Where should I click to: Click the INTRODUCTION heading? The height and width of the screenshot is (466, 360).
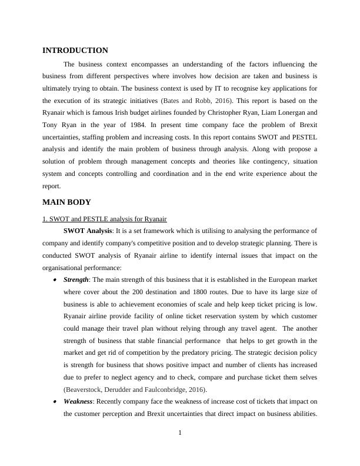tap(75, 51)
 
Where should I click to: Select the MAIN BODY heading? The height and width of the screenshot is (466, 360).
tap(66, 202)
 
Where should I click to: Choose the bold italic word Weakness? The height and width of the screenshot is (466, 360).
tap(77, 401)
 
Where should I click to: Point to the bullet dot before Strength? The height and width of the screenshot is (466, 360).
tap(55, 280)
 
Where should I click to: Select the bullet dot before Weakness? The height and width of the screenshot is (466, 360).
tap(55, 402)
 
